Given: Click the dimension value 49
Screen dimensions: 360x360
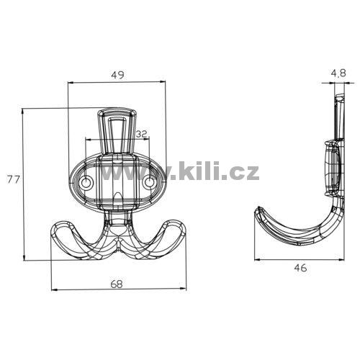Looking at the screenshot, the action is pos(118,75).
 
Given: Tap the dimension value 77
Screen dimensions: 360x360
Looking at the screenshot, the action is pos(13,179).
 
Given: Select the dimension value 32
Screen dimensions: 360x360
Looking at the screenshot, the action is pos(142,135).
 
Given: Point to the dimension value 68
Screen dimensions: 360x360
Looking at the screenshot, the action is pos(117,284).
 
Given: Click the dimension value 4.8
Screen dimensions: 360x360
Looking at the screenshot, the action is pos(338,73).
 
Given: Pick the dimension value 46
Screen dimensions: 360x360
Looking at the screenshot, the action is pos(300,268).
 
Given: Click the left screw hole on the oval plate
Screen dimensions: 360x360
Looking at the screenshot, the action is pos(86,183).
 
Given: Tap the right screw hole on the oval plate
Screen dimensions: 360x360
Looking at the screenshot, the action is pos(150,183).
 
